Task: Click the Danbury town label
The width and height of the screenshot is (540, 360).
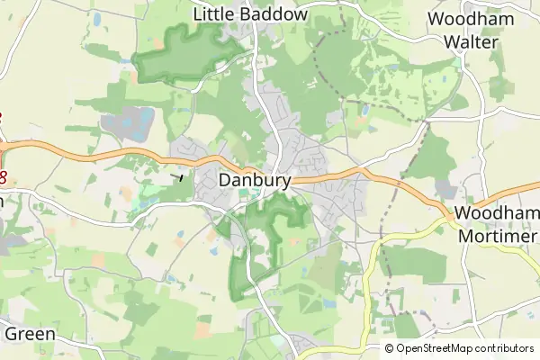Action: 255,180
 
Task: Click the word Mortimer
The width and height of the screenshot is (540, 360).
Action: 498,235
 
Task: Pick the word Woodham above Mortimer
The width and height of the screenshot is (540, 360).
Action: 498,213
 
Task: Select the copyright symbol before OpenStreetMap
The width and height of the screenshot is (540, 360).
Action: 390,348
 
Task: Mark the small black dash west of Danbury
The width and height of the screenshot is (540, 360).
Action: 181,176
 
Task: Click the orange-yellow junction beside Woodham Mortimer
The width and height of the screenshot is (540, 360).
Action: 448,218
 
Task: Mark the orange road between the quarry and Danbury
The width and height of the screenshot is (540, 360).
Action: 153,158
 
